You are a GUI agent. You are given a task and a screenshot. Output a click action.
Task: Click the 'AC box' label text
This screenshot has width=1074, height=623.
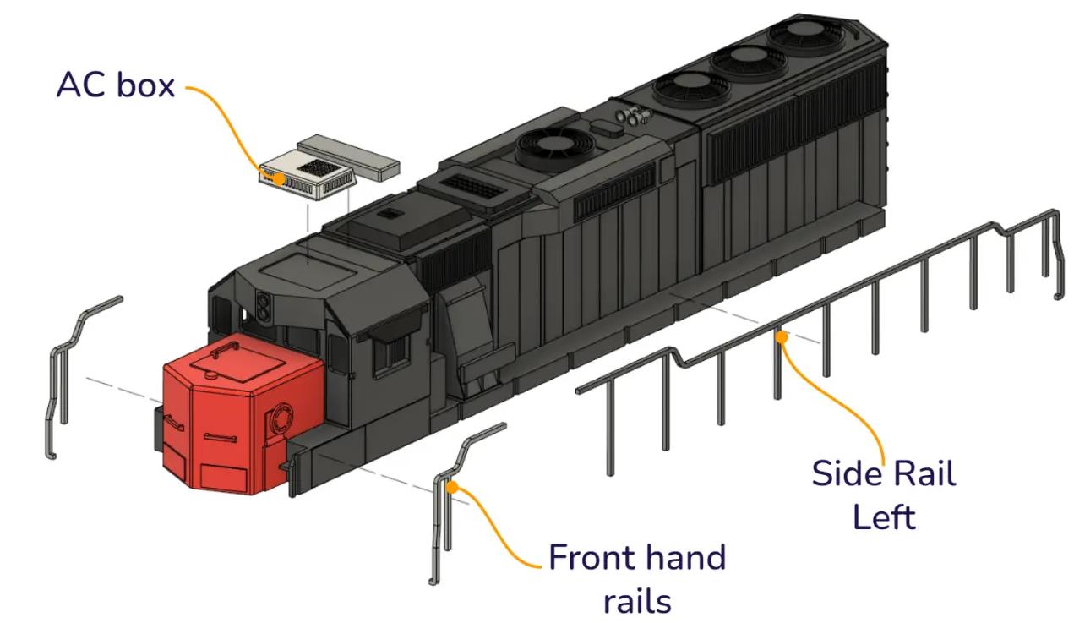pyautogui.click(x=116, y=85)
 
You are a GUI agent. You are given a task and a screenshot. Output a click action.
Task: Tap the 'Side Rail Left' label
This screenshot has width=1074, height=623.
pyautogui.click(x=884, y=495)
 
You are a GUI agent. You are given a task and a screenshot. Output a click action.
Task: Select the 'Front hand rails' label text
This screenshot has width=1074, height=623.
pyautogui.click(x=637, y=578)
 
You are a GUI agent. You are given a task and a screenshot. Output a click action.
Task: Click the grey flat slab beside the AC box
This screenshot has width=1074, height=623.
pyautogui.click(x=349, y=157)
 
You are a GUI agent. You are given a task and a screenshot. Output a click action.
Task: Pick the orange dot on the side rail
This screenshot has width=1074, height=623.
pyautogui.click(x=782, y=337)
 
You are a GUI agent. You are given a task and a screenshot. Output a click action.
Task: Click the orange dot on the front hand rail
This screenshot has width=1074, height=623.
pyautogui.click(x=452, y=488)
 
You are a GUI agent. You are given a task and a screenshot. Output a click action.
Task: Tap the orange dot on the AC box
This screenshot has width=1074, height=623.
pyautogui.click(x=280, y=179)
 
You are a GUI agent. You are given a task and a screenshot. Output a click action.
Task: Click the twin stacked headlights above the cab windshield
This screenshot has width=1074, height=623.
pyautogui.click(x=263, y=306)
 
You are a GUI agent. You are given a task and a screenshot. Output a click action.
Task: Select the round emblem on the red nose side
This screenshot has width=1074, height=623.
pyautogui.click(x=282, y=418)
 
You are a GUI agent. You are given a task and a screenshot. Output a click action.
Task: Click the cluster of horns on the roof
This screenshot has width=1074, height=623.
pyautogui.click(x=633, y=115)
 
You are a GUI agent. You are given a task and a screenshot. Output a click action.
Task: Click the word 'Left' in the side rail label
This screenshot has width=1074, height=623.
pyautogui.click(x=884, y=517)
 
